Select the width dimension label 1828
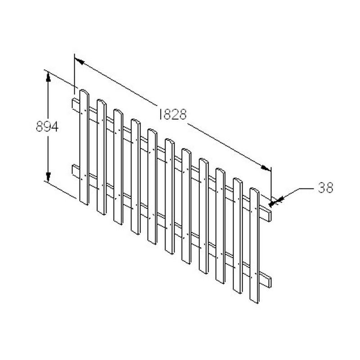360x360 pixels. click(x=172, y=115)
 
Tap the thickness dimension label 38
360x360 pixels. click(x=325, y=188)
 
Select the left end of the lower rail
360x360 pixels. click(x=74, y=170)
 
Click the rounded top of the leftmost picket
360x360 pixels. click(x=84, y=92)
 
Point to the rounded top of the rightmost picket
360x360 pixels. click(x=254, y=191)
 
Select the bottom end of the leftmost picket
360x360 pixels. click(x=84, y=202)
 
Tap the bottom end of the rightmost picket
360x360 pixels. click(x=254, y=301)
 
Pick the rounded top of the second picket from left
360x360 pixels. click(x=101, y=102)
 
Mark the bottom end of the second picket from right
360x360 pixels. click(x=238, y=291)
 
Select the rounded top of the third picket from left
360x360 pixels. click(x=118, y=112)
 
